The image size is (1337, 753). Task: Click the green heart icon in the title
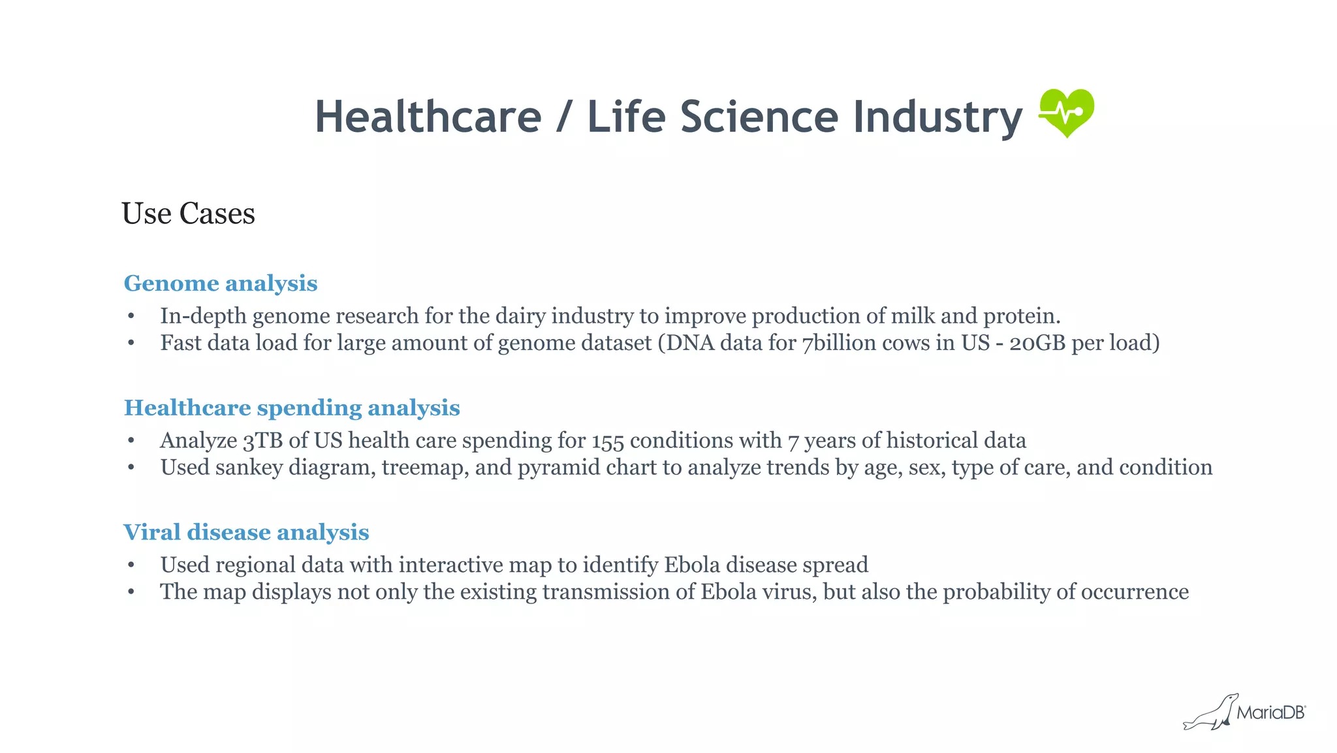[x=1066, y=113]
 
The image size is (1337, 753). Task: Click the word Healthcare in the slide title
[x=428, y=118]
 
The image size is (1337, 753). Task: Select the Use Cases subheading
[x=188, y=214]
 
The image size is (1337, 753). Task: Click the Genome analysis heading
[x=221, y=283]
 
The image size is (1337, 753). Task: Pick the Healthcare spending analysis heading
[x=292, y=408]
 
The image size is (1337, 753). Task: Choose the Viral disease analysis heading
[x=246, y=532]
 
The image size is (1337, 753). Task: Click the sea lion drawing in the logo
[x=1211, y=713]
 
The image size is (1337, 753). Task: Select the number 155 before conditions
[x=608, y=441]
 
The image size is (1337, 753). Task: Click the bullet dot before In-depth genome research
[x=131, y=317]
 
